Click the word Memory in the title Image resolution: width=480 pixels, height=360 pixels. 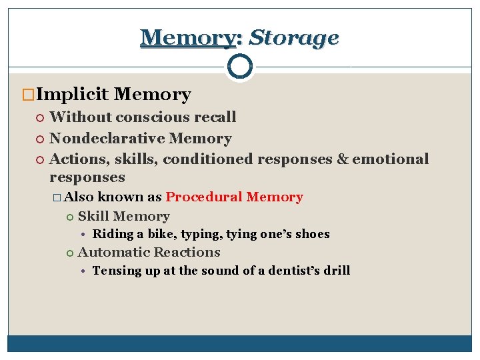pyautogui.click(x=188, y=37)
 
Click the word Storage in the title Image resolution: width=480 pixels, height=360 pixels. pyautogui.click(x=293, y=37)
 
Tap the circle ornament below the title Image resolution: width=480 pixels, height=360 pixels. pyautogui.click(x=239, y=66)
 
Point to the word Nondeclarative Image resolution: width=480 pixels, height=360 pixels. pyautogui.click(x=107, y=139)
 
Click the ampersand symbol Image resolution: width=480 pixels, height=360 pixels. pyautogui.click(x=342, y=159)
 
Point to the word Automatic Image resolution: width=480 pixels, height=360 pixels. pyautogui.click(x=112, y=252)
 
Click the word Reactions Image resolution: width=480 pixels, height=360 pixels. pyautogui.click(x=187, y=252)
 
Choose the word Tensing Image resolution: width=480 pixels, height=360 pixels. pyautogui.click(x=114, y=271)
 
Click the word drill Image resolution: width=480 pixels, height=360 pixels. pyautogui.click(x=335, y=271)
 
